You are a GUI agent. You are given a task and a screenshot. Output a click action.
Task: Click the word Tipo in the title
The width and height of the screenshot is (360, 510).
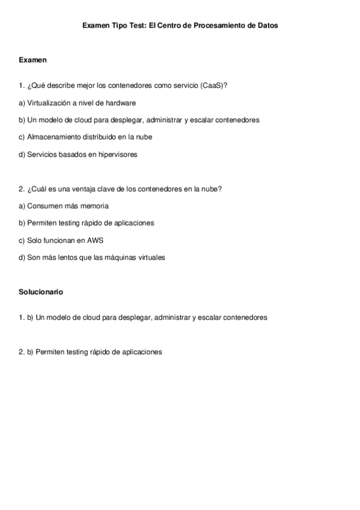[x=119, y=26]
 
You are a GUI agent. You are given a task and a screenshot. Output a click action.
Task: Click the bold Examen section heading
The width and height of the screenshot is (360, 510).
[x=33, y=60]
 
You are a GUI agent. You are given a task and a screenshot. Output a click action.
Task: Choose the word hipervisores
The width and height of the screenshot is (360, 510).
[x=116, y=155]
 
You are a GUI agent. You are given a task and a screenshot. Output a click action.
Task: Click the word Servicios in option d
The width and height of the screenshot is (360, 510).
[x=41, y=155]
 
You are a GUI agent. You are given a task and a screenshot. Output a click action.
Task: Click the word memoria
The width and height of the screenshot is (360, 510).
[x=94, y=206]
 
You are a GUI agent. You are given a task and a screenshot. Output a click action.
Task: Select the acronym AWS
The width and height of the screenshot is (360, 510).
[x=95, y=241]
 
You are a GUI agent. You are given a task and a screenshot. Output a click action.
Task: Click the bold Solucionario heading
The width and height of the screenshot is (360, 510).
[x=41, y=292]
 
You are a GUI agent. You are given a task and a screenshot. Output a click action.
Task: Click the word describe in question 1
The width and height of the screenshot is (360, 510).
[x=58, y=85]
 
